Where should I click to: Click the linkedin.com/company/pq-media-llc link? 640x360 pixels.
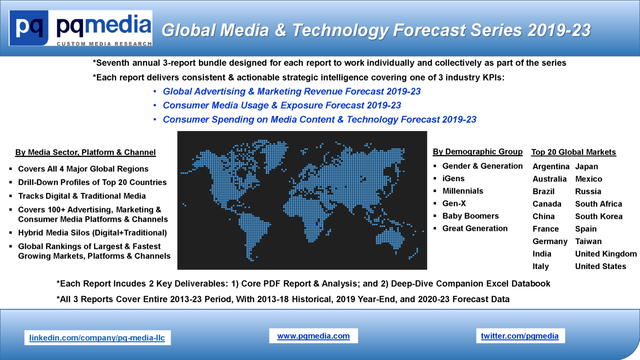coord(97,338)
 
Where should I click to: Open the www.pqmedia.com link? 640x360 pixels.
coord(314,336)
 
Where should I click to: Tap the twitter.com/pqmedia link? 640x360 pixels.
coord(520,336)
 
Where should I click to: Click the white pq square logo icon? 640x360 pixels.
coord(29,28)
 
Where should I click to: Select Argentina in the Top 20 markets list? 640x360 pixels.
coord(551,167)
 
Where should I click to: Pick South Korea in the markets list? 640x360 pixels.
coord(599,217)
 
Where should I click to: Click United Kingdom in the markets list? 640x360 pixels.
coord(606,254)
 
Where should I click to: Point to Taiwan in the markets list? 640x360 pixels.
coord(588,241)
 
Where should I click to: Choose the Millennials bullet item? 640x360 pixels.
coord(463,191)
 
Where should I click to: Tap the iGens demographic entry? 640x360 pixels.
coord(453,179)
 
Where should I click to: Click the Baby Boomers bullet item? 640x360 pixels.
coord(470,216)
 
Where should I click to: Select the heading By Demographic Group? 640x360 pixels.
coord(477,152)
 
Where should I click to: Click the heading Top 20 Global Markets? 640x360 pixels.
coord(573,152)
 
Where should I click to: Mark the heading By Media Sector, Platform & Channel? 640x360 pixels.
coord(85,152)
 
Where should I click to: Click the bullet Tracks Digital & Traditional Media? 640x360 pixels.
coord(82,196)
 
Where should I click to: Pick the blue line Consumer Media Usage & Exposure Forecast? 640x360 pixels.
coord(282,105)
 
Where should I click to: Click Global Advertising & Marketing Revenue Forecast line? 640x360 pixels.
coord(291,91)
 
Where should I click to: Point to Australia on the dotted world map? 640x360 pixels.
coord(390,238)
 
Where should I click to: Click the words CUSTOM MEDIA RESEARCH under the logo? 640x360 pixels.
coord(104,44)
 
